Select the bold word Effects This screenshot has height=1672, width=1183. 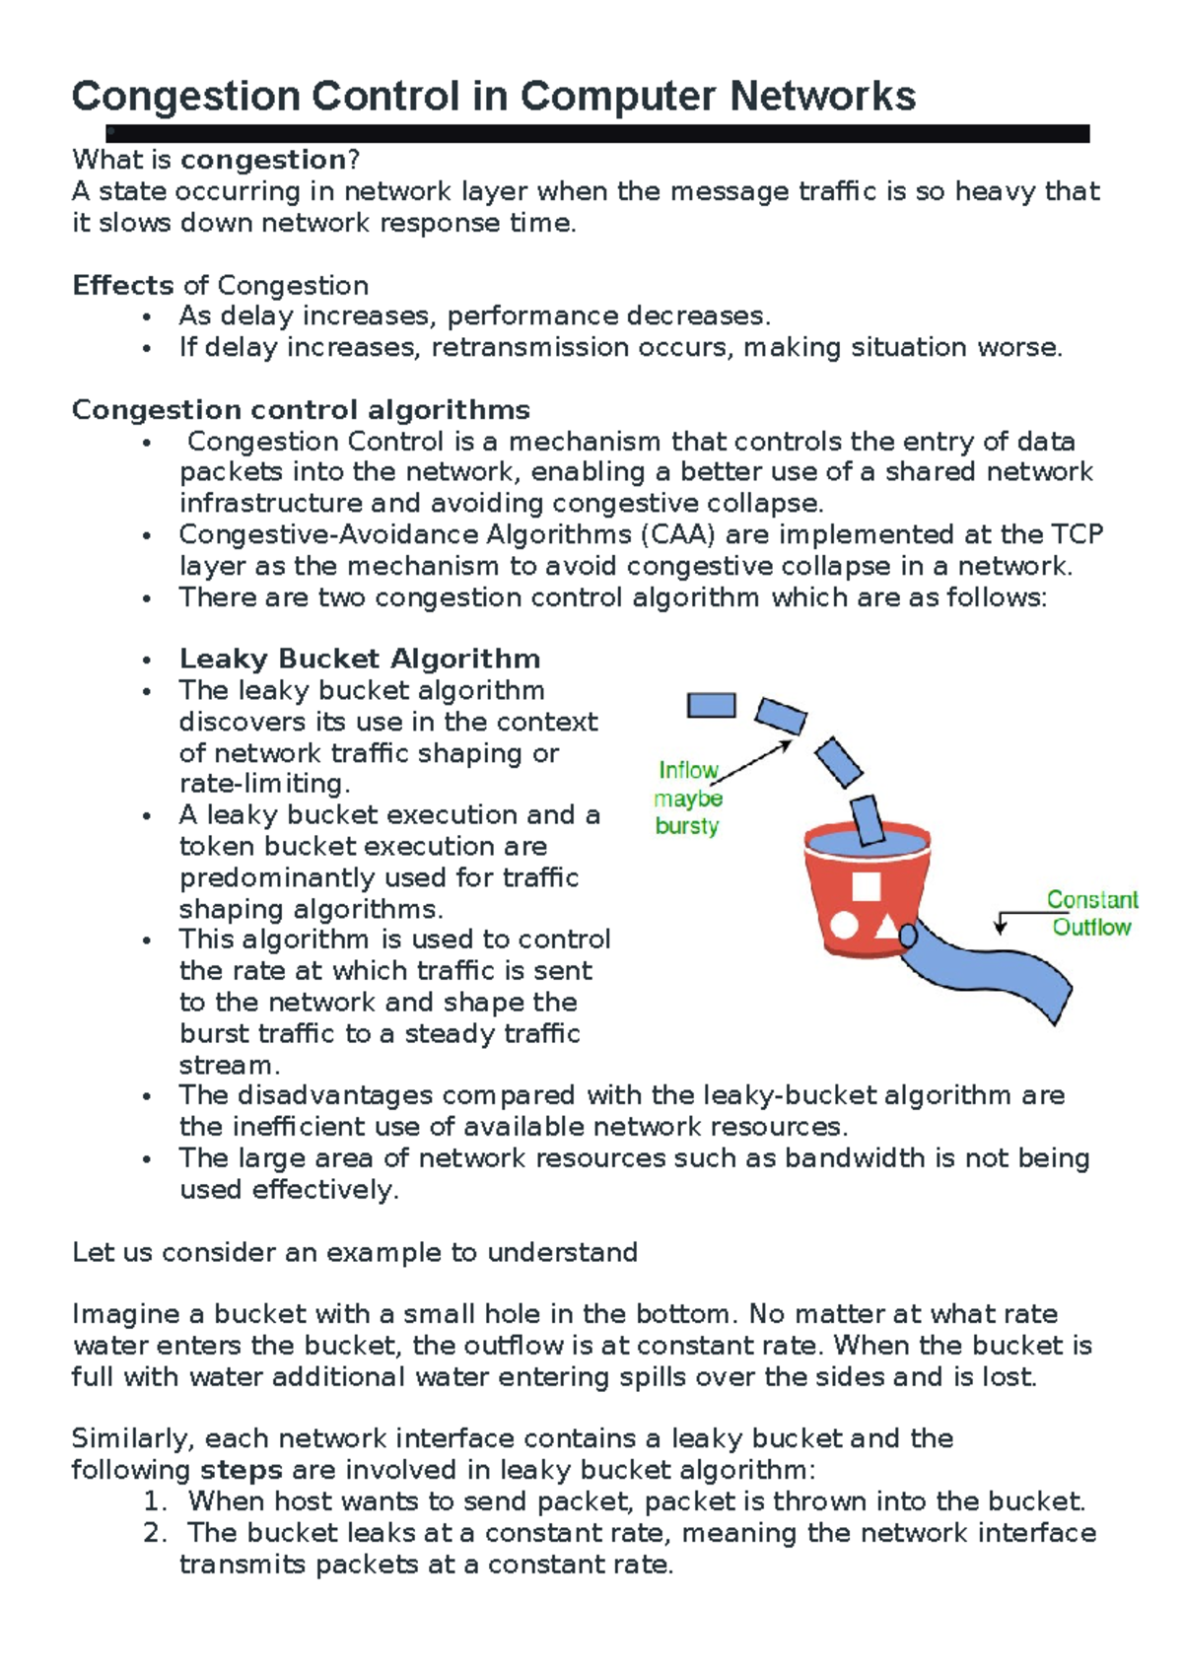pos(122,286)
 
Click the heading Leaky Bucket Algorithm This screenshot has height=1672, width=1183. pos(359,659)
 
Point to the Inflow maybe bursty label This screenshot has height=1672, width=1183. pos(688,798)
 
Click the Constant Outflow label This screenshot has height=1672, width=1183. pos(1091,913)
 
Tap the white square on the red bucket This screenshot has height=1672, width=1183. pos(866,886)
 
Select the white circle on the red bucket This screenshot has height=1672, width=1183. pos(844,925)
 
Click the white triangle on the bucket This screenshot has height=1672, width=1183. pos(886,926)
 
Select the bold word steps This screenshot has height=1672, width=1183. pos(242,1470)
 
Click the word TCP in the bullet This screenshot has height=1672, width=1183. pos(1077,534)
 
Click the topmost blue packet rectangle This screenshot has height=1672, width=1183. pos(711,705)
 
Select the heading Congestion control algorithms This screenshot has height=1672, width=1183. pos(301,410)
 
